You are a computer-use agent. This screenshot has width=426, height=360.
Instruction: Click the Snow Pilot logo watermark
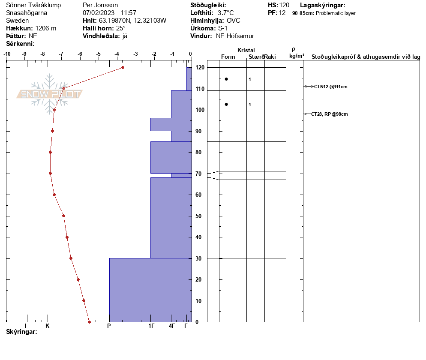pos(49,94)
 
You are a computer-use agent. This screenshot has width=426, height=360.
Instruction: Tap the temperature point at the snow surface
pos(123,67)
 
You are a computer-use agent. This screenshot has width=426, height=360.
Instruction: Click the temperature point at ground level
pos(89,322)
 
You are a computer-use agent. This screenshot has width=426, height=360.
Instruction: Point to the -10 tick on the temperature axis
pos(7,54)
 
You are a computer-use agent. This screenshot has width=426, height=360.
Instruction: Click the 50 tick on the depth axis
pos(198,216)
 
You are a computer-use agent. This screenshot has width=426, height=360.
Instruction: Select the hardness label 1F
pos(151,326)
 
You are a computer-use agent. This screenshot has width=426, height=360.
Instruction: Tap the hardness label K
pos(48,326)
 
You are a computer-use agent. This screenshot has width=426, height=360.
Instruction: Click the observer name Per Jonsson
pos(100,6)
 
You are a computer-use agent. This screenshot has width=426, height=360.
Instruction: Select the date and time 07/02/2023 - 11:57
pos(109,13)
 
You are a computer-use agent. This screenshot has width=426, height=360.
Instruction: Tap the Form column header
pos(228,57)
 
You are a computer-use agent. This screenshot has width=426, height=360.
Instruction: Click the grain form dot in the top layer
pos(226,79)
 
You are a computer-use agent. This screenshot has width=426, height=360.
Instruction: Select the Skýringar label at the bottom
pos(21,332)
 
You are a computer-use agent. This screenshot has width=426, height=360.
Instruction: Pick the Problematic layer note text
pos(336,13)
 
